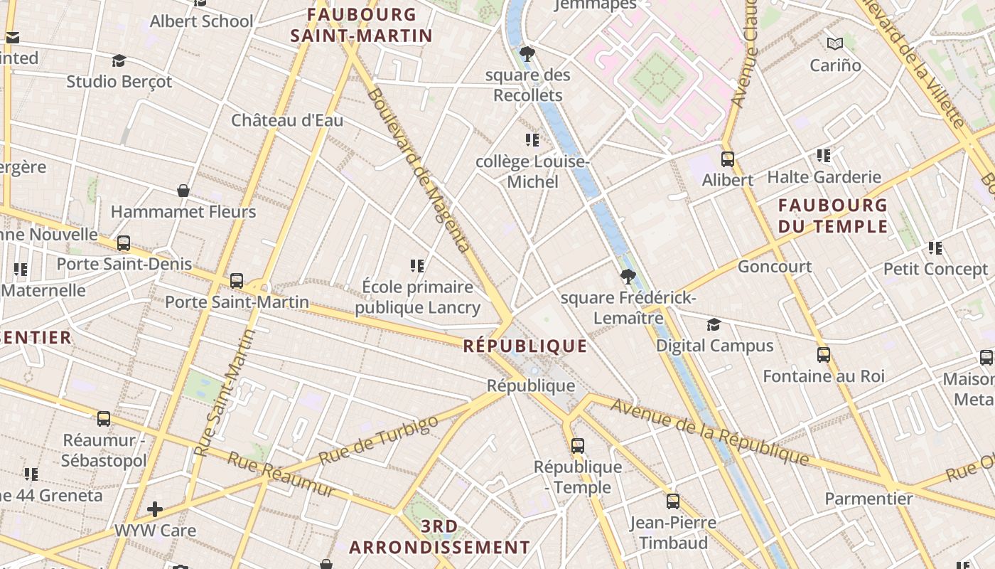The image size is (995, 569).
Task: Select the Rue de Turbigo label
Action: point(378,442)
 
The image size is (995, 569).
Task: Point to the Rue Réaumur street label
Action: point(281,474)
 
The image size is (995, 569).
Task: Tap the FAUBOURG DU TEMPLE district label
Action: point(833,216)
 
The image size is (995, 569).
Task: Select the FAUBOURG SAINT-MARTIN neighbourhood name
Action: point(362,25)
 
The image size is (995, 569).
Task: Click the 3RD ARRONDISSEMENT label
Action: point(439,537)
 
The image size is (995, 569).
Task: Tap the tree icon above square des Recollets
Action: point(527,54)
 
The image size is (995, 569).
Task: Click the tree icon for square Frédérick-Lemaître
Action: point(627,276)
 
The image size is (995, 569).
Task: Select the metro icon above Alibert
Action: point(727,159)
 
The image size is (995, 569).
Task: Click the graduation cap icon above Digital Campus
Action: point(714,325)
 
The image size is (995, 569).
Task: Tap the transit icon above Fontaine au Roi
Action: point(823,354)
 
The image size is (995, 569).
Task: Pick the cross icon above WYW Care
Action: point(155,509)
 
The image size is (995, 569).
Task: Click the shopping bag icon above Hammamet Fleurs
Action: point(183,191)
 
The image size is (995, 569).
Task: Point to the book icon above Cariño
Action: point(835,44)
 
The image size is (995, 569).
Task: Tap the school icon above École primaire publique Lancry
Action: point(417,266)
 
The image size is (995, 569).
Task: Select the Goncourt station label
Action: point(775,267)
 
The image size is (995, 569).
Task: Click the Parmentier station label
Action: point(868,499)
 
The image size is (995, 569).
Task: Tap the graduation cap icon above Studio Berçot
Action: point(119,61)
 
